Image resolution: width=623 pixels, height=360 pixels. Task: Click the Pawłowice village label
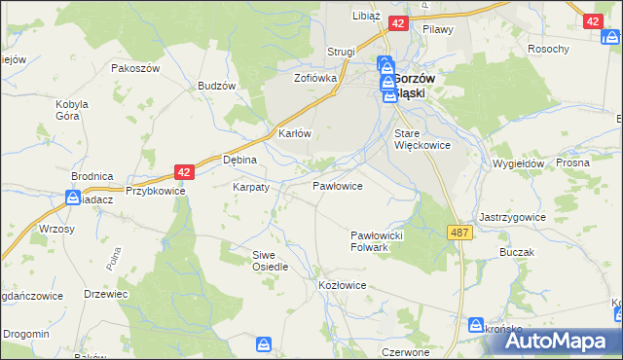pyautogui.click(x=337, y=185)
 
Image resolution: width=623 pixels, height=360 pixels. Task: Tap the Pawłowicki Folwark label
pyautogui.click(x=383, y=241)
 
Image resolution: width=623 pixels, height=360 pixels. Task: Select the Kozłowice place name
pyautogui.click(x=342, y=285)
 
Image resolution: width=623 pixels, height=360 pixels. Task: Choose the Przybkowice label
pyautogui.click(x=155, y=192)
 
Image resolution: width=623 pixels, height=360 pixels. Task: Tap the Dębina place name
pyautogui.click(x=239, y=160)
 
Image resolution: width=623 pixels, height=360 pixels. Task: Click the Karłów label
pyautogui.click(x=294, y=133)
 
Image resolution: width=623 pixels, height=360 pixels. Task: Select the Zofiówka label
pyautogui.click(x=315, y=77)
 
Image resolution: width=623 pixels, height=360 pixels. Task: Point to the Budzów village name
pyautogui.click(x=217, y=85)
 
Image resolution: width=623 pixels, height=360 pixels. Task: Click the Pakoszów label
pyautogui.click(x=134, y=69)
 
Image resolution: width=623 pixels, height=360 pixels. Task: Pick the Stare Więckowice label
pyautogui.click(x=421, y=139)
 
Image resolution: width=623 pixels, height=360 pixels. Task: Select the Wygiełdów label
pyautogui.click(x=517, y=164)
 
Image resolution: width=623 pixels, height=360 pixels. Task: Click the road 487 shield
pyautogui.click(x=460, y=233)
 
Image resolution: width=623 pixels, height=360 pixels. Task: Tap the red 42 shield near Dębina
pyautogui.click(x=185, y=171)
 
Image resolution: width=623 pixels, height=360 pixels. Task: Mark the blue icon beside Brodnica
pyautogui.click(x=72, y=198)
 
